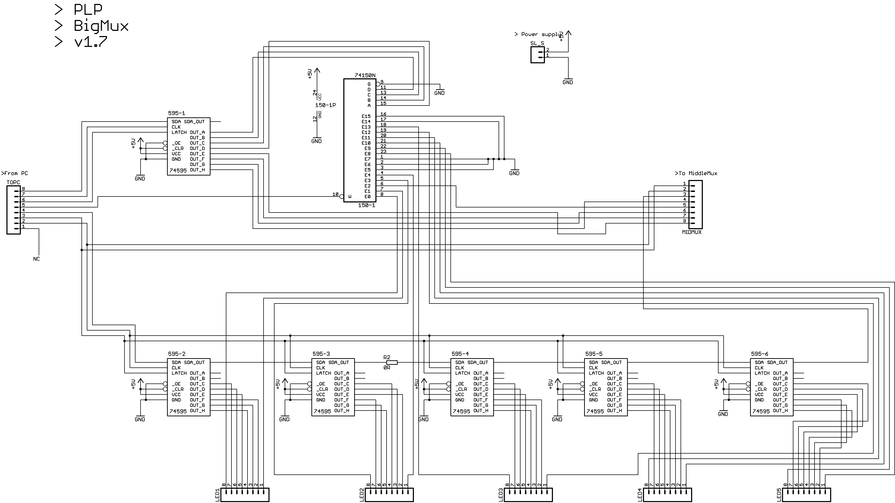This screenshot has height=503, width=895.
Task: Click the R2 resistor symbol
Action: point(392,362)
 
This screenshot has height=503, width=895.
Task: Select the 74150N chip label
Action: point(365,75)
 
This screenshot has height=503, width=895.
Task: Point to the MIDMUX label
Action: point(692,232)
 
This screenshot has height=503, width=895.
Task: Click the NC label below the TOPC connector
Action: point(37,259)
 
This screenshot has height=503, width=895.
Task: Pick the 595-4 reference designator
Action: point(460,354)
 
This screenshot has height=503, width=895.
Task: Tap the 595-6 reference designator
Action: point(760,354)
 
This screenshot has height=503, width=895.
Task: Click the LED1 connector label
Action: point(217,495)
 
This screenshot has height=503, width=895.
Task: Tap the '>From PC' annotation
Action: point(15,173)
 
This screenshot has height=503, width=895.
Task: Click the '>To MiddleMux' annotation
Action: point(696,173)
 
